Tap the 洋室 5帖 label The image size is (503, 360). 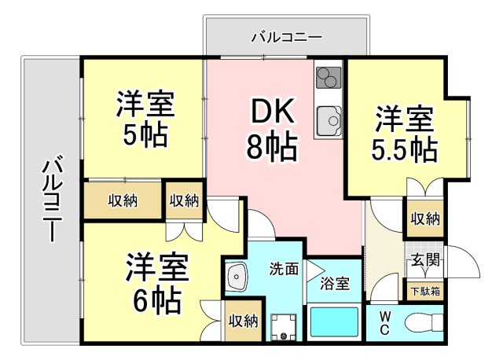pos(145,119)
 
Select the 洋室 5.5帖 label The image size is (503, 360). pos(404,134)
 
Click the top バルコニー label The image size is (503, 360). pos(286,36)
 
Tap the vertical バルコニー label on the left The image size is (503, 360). pos(51,198)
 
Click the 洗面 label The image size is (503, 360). pos(284,269)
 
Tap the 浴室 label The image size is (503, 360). pos(333,285)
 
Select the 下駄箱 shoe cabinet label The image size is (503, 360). pos(424,291)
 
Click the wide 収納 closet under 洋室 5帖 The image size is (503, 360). pos(123,200)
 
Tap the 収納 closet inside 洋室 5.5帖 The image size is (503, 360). pos(424,219)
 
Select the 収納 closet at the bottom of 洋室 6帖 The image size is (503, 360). pos(243,320)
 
